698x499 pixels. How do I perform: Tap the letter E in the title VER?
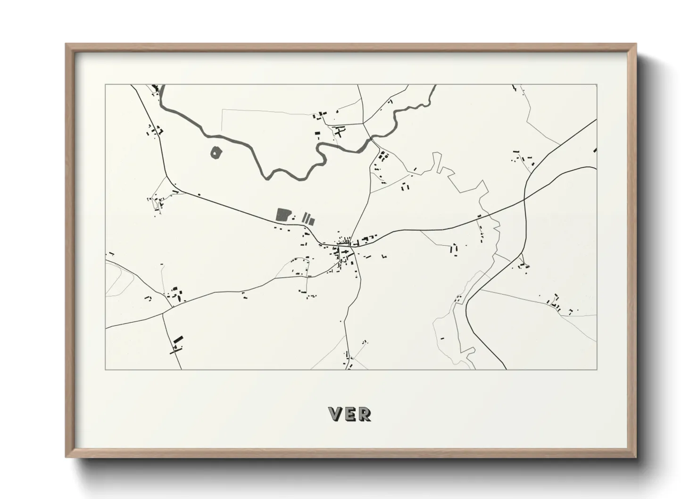(x=350, y=414)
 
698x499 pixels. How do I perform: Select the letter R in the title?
(x=365, y=414)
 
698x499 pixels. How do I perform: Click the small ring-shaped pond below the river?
(x=216, y=152)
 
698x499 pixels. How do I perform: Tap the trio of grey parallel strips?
(x=308, y=218)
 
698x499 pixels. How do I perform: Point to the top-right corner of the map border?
(x=596, y=85)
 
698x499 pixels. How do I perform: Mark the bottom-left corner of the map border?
(x=106, y=369)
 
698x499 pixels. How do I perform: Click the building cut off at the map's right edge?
(x=595, y=150)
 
